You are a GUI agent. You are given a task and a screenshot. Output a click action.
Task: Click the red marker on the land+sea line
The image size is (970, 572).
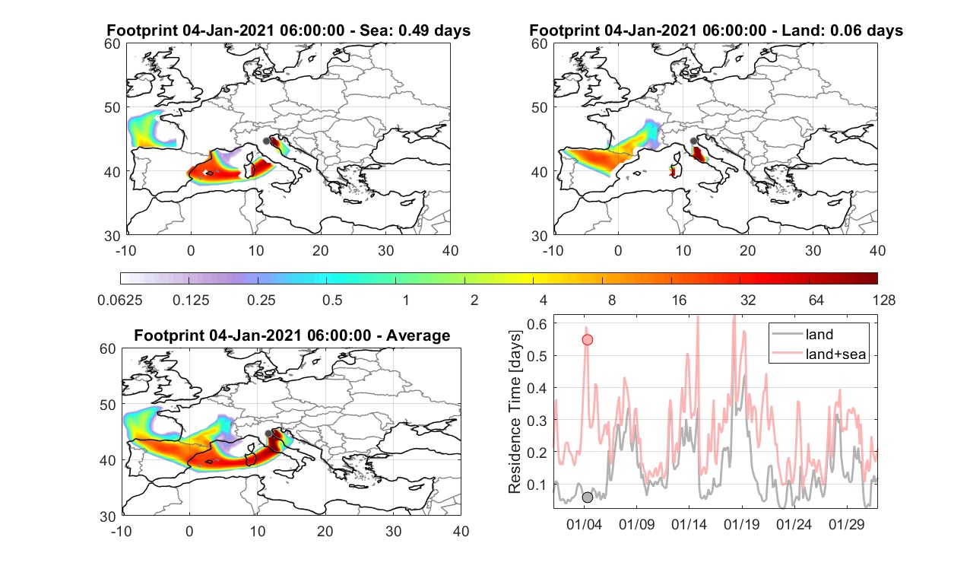coord(587,340)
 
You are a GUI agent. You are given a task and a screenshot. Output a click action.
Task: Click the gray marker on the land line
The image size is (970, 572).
coord(587,497)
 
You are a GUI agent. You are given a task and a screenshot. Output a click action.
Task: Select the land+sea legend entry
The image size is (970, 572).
coord(819,354)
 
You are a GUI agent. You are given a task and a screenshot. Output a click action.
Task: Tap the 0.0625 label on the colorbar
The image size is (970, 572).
coord(120,300)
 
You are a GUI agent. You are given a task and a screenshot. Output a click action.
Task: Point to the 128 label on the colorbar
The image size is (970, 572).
coord(884,300)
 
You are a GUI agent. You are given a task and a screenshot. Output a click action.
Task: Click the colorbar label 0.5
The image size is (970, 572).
coord(332,300)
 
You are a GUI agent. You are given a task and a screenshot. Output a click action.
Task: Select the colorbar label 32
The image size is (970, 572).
coord(748,300)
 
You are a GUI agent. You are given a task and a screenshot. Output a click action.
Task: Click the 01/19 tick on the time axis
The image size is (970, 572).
coord(741,524)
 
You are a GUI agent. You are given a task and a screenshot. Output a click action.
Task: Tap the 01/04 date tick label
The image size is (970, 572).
coord(584,524)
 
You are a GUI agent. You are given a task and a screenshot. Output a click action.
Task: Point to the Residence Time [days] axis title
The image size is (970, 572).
coord(515,412)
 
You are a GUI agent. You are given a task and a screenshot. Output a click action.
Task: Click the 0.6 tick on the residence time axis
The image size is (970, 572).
coord(537,324)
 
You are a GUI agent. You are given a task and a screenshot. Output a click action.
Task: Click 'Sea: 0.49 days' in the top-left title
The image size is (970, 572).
coord(415,30)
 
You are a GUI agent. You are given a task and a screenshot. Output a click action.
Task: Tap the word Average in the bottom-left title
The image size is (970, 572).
coord(418,335)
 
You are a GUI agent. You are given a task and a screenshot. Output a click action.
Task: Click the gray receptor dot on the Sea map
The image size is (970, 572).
coord(266,141)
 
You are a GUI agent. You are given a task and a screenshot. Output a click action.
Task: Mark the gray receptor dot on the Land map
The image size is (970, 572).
coord(693,141)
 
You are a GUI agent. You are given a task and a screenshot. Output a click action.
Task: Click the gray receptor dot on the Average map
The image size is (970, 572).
coord(268,434)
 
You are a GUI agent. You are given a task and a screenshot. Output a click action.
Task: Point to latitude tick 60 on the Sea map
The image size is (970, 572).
coord(113,44)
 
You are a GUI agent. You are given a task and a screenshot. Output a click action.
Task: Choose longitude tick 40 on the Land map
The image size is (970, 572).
coord(877,250)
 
